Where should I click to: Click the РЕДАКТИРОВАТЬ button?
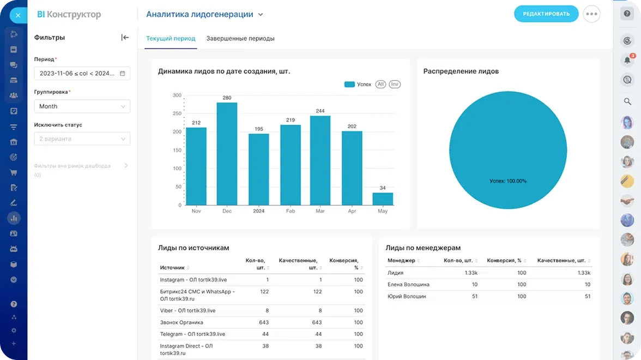click(x=546, y=14)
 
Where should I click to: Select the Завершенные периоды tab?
click(x=240, y=39)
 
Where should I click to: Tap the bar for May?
click(x=383, y=199)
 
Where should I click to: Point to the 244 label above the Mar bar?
click(x=320, y=111)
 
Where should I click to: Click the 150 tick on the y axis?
click(x=177, y=150)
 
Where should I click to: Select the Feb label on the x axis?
click(x=290, y=211)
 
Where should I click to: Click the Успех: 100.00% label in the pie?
click(x=507, y=181)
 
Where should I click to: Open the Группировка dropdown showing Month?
click(x=82, y=106)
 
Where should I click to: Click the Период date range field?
click(x=82, y=73)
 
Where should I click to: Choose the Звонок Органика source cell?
click(x=182, y=322)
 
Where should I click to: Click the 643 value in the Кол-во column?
click(x=264, y=322)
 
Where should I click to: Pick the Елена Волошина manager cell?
click(x=408, y=285)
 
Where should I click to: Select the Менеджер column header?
click(x=401, y=261)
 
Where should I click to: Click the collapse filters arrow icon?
click(x=125, y=38)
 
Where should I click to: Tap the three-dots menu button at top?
click(x=591, y=14)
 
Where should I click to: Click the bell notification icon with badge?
click(x=627, y=60)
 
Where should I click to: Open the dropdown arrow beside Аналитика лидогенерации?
click(x=261, y=15)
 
